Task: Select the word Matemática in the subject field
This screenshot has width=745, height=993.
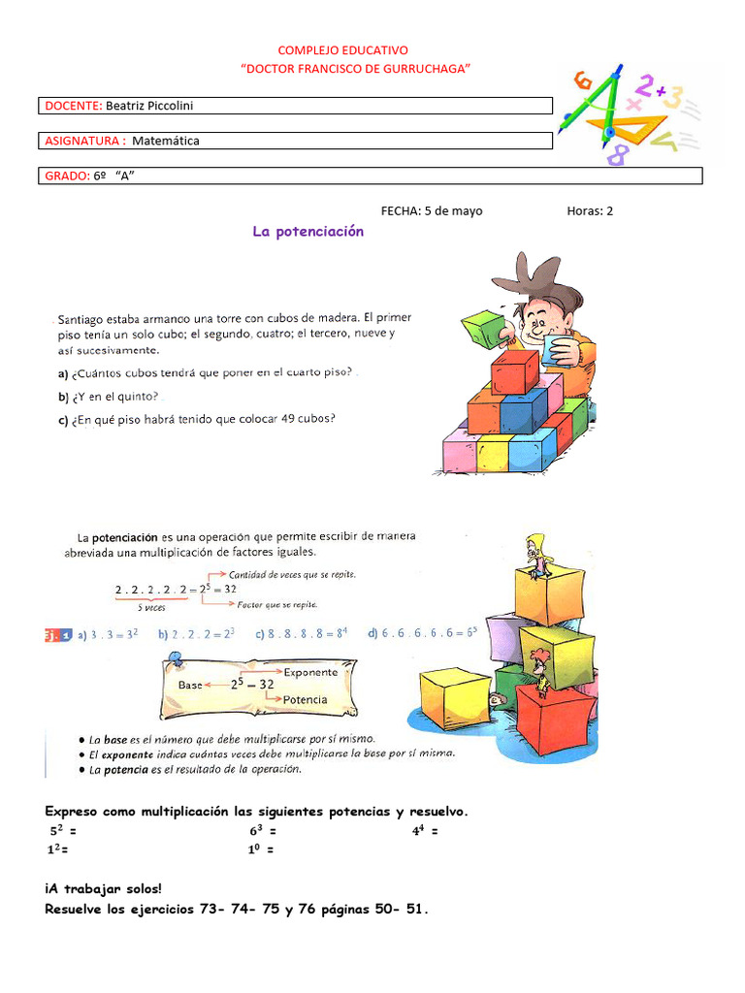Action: point(166,141)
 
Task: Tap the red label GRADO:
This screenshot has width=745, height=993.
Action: point(67,176)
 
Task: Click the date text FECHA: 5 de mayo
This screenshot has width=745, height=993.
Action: point(432,210)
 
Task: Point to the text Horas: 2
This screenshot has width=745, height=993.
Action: point(590,210)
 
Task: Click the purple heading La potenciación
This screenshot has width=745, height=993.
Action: point(308,232)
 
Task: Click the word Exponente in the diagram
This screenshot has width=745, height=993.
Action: point(310,671)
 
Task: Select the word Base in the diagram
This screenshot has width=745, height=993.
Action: point(191,685)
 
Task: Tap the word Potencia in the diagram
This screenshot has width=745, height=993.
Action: point(305,699)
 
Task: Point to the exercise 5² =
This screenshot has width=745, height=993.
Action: point(62,832)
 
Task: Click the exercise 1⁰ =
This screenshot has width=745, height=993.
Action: point(261,849)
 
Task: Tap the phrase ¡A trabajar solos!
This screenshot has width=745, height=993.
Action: point(104,889)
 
